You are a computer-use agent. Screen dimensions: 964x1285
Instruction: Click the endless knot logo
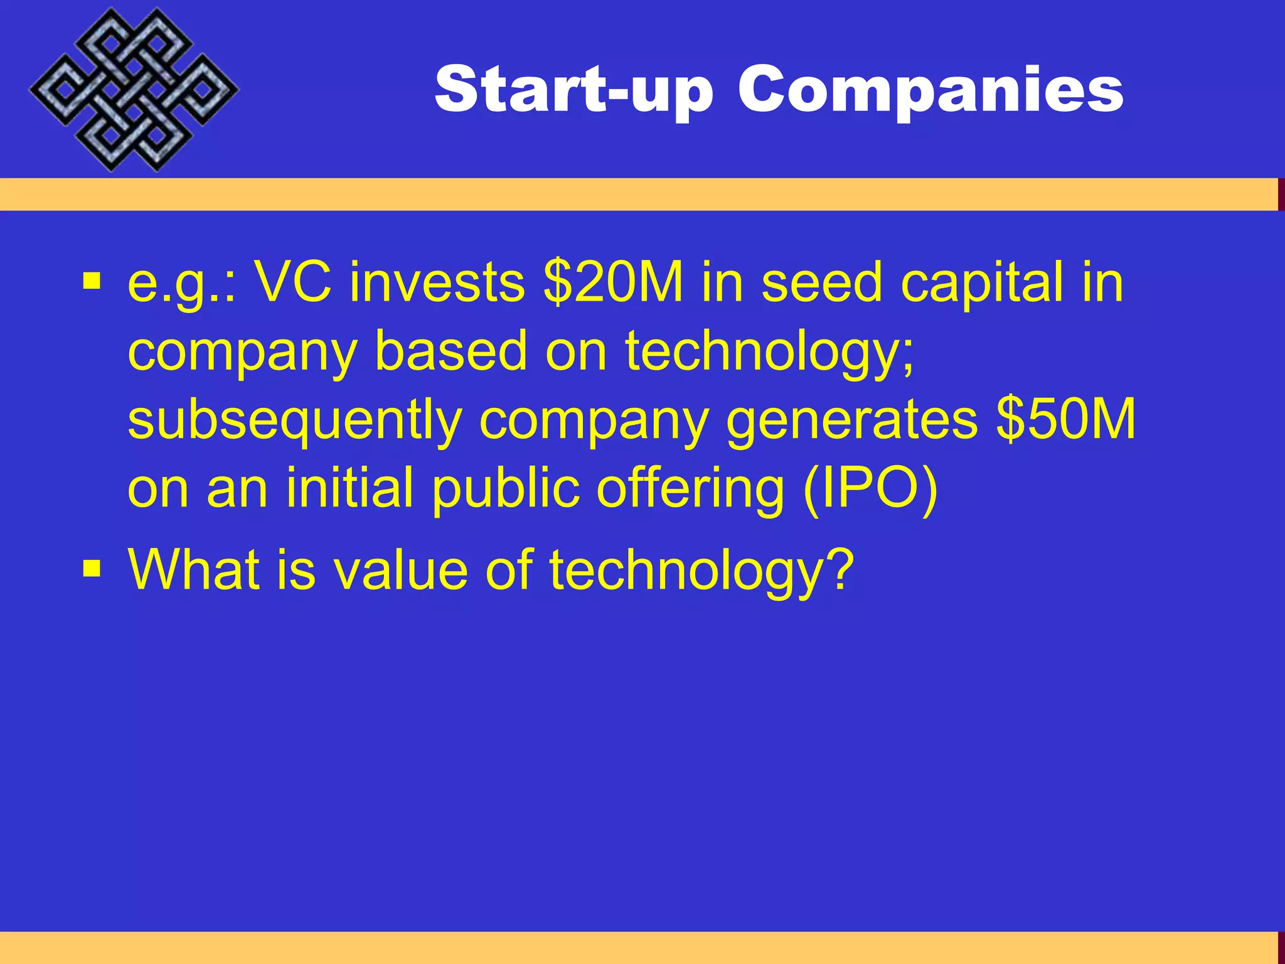click(133, 90)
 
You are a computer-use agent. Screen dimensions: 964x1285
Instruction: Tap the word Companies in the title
click(930, 90)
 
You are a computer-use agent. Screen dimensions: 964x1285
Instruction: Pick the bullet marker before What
click(92, 568)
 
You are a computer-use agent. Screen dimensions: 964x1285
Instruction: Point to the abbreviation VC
click(294, 282)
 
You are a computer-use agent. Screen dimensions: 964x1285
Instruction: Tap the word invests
click(437, 282)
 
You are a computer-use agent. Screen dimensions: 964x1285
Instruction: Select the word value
click(400, 569)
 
